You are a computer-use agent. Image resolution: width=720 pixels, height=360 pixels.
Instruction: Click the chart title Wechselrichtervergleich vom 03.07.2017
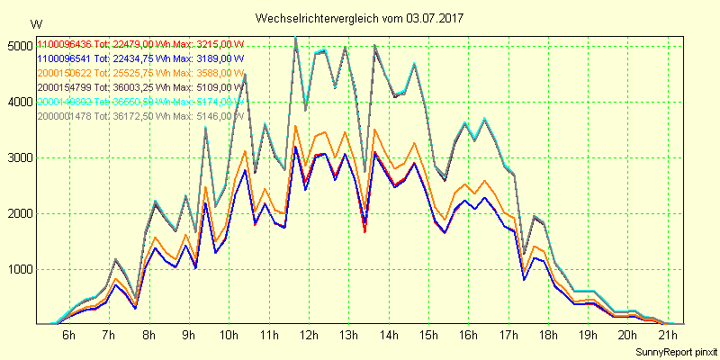pyautogui.click(x=361, y=18)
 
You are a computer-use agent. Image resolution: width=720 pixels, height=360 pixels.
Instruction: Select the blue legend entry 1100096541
pyautogui.click(x=65, y=58)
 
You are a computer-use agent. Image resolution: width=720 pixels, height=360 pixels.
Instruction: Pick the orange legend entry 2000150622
pyautogui.click(x=65, y=73)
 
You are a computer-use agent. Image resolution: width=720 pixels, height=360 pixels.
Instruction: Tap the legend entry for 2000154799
pyautogui.click(x=65, y=87)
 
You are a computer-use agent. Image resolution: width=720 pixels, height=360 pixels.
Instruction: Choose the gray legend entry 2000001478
pyautogui.click(x=65, y=116)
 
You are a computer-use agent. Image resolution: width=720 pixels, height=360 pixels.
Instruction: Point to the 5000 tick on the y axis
pyautogui.click(x=17, y=46)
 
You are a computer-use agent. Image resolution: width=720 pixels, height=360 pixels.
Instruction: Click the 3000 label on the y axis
pyautogui.click(x=17, y=157)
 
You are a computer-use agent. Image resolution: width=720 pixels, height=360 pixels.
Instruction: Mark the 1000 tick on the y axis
pyautogui.click(x=17, y=269)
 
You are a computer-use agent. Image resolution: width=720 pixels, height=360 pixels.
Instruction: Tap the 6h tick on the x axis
pyautogui.click(x=69, y=335)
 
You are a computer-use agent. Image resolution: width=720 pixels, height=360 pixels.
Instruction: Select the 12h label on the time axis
pyautogui.click(x=309, y=335)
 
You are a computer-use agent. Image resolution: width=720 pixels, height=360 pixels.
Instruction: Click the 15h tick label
pyautogui.click(x=428, y=335)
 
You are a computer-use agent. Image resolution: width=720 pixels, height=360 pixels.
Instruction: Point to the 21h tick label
pyautogui.click(x=668, y=335)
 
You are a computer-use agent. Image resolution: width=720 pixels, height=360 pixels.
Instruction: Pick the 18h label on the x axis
pyautogui.click(x=548, y=335)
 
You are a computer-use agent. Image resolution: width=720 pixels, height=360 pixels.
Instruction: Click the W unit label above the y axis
pyautogui.click(x=35, y=23)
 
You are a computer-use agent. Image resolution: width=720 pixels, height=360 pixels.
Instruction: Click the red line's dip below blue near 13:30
pyautogui.click(x=364, y=231)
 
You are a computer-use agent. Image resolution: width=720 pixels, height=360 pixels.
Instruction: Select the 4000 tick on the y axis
pyautogui.click(x=17, y=102)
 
